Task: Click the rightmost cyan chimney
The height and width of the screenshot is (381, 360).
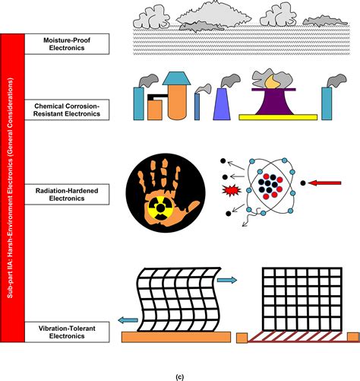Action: point(329,102)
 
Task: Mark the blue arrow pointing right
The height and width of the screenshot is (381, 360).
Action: point(227,280)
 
